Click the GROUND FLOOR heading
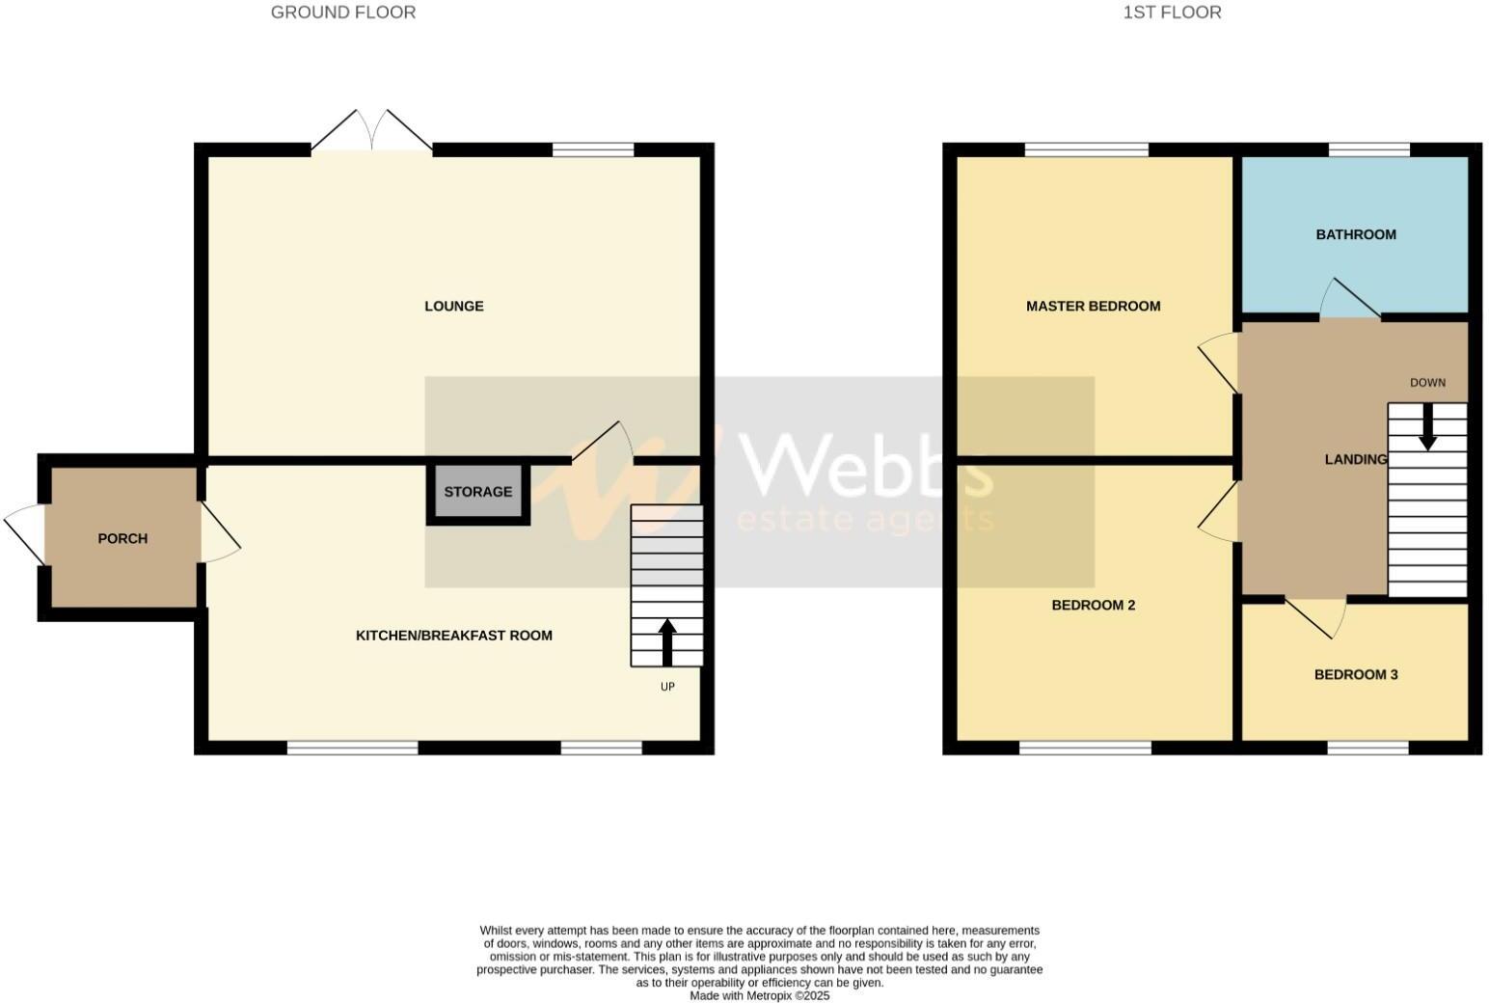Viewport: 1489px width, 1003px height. pyautogui.click(x=343, y=13)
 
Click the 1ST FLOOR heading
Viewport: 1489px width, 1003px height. pyautogui.click(x=1172, y=13)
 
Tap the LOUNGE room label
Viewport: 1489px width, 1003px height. pyautogui.click(x=454, y=307)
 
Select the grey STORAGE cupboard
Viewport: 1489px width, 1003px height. pyautogui.click(x=478, y=492)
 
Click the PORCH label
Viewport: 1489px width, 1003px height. pyautogui.click(x=122, y=538)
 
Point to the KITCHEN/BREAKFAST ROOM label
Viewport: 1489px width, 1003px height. pyautogui.click(x=454, y=636)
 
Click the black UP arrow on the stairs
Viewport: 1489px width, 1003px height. pyautogui.click(x=666, y=641)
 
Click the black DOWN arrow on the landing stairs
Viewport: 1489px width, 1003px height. pyautogui.click(x=1427, y=425)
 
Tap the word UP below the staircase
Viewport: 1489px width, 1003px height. pyautogui.click(x=667, y=687)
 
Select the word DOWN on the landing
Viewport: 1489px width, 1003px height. pyautogui.click(x=1427, y=383)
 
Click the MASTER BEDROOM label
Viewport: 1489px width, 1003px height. pyautogui.click(x=1093, y=307)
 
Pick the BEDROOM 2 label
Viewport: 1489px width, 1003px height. pyautogui.click(x=1093, y=606)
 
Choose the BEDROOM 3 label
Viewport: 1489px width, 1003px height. pyautogui.click(x=1356, y=675)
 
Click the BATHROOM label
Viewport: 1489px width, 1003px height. pyautogui.click(x=1356, y=234)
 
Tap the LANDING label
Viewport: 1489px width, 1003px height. pyautogui.click(x=1356, y=460)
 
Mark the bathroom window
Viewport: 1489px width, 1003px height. pyautogui.click(x=1368, y=149)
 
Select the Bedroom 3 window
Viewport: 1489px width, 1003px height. pyautogui.click(x=1367, y=747)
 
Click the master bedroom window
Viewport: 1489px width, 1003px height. pyautogui.click(x=1087, y=149)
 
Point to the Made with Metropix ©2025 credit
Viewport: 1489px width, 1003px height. pyautogui.click(x=759, y=996)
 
